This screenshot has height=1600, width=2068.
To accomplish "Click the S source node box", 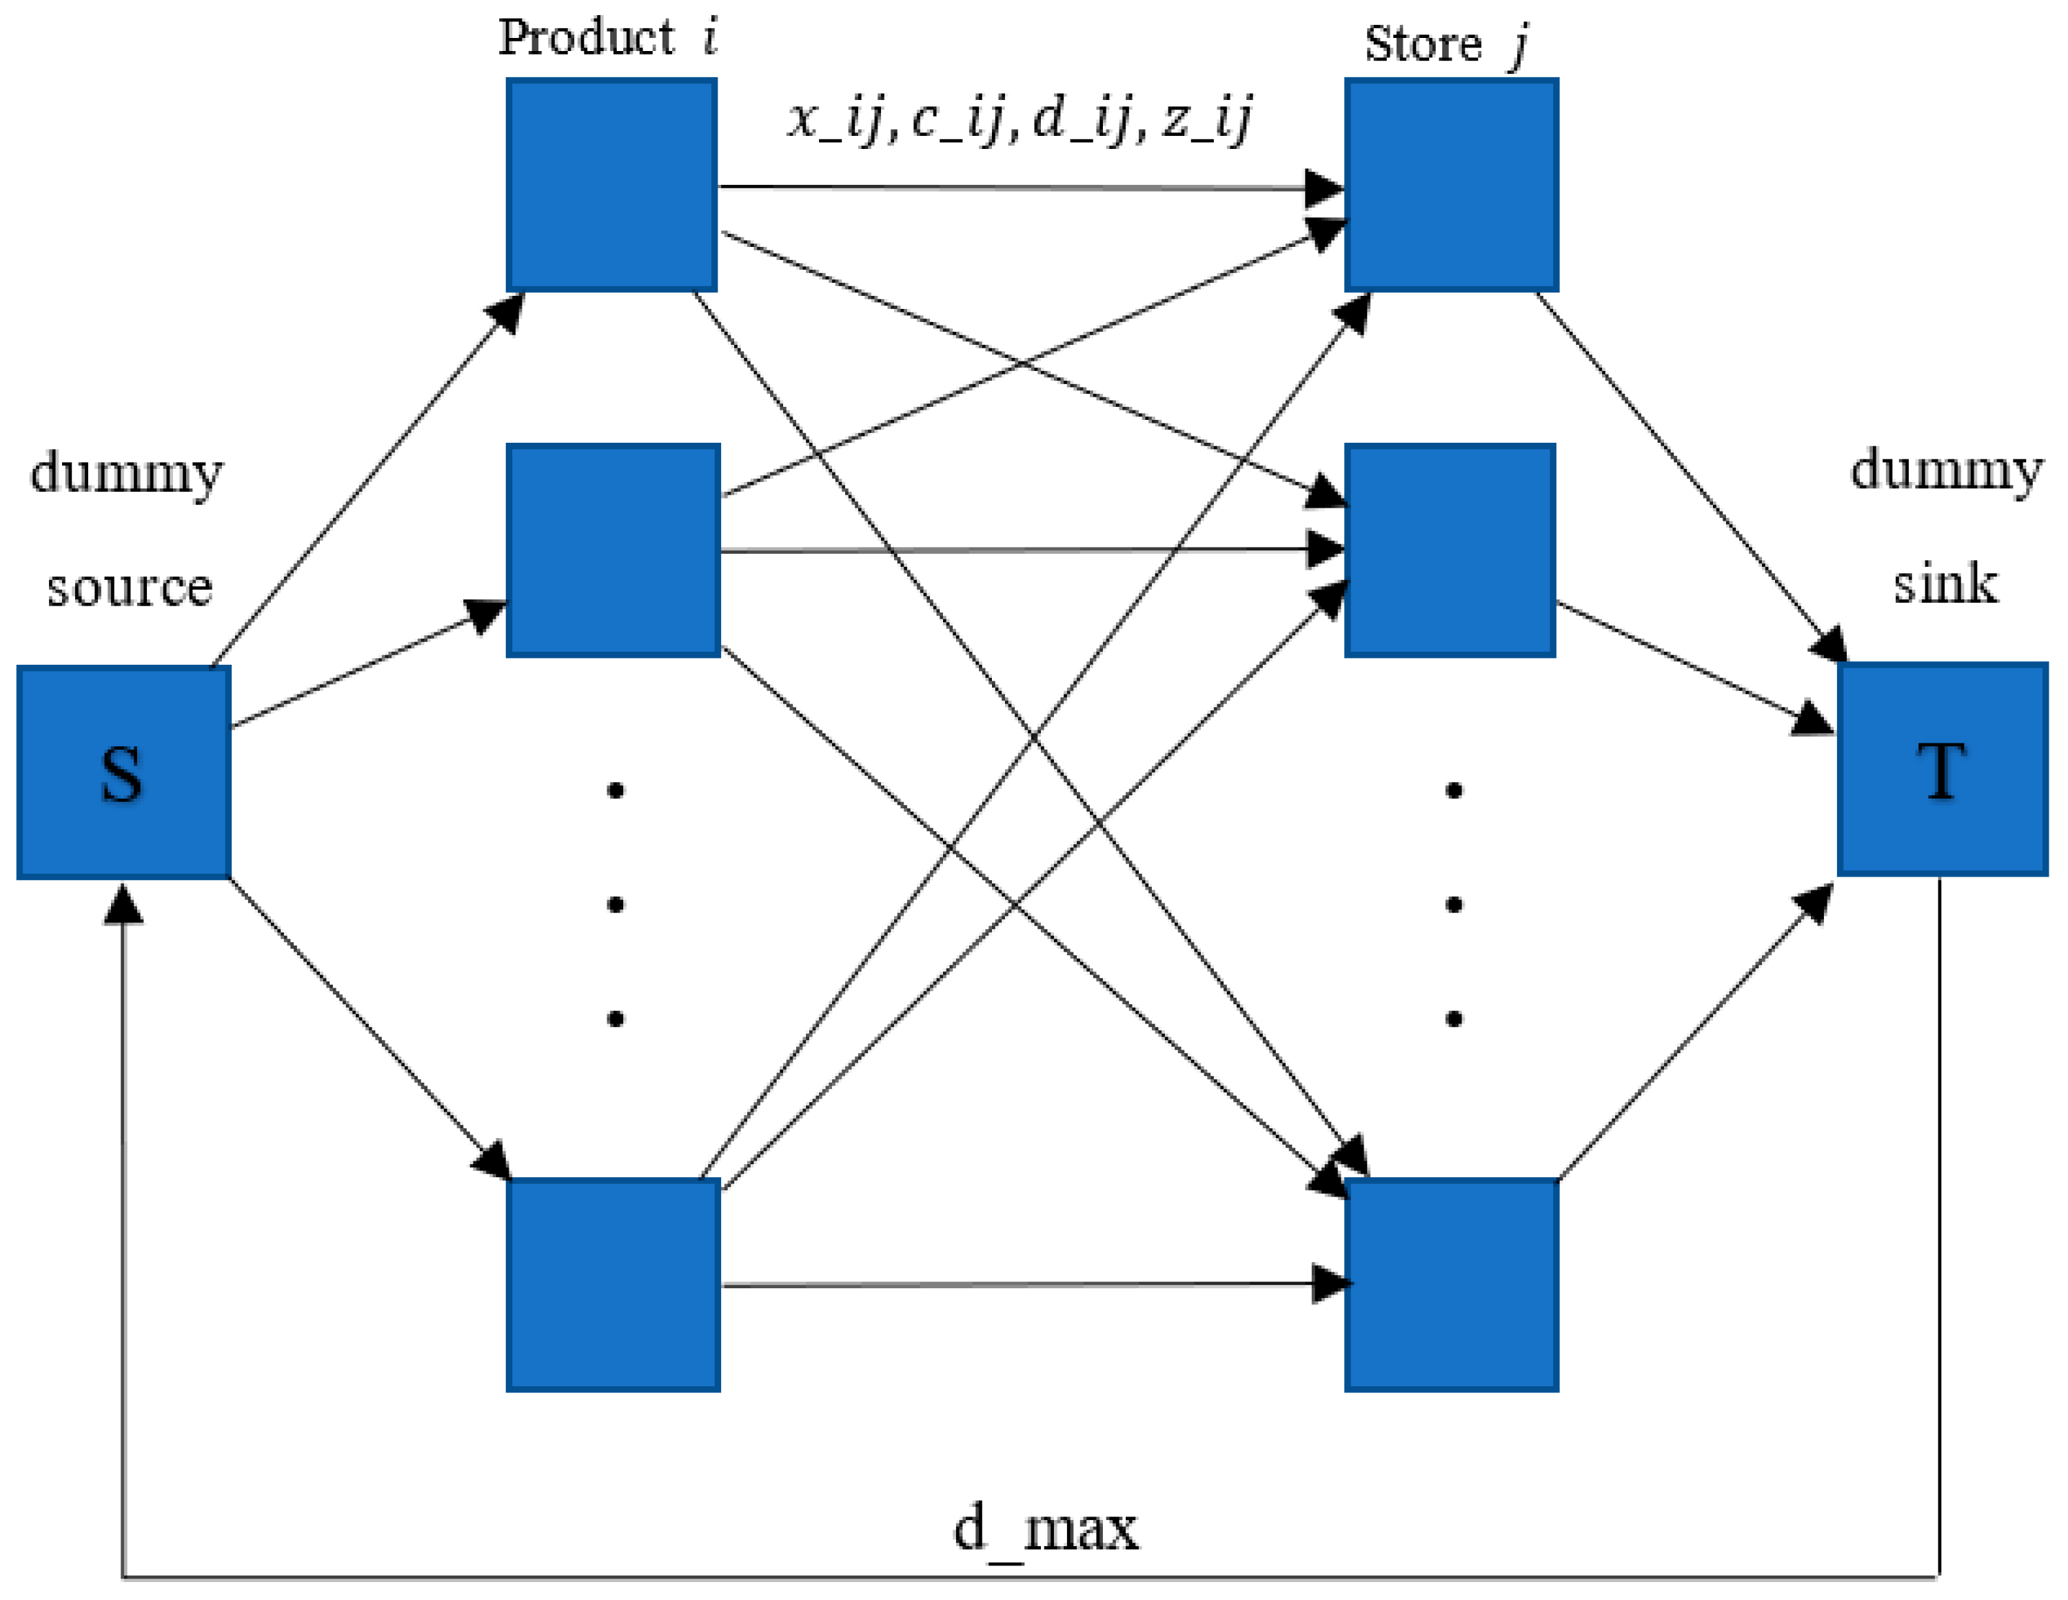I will pyautogui.click(x=124, y=772).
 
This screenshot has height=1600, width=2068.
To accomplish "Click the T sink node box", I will pyautogui.click(x=1942, y=768).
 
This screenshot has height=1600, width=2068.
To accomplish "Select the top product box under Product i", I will pyautogui.click(x=611, y=185).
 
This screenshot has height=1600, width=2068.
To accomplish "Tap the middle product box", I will pyautogui.click(x=613, y=550).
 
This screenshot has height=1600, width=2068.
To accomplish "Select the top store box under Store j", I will pyautogui.click(x=1450, y=185).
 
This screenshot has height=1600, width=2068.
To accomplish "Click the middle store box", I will pyautogui.click(x=1450, y=550).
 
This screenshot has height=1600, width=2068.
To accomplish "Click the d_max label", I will pyautogui.click(x=1045, y=1528).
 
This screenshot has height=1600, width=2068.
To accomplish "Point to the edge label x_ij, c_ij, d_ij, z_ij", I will pyautogui.click(x=1020, y=119).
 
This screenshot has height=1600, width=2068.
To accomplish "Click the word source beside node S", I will pyautogui.click(x=130, y=588).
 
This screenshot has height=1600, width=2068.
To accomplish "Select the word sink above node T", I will pyautogui.click(x=1945, y=583).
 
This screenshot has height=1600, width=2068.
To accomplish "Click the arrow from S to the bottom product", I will pyautogui.click(x=369, y=1030).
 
